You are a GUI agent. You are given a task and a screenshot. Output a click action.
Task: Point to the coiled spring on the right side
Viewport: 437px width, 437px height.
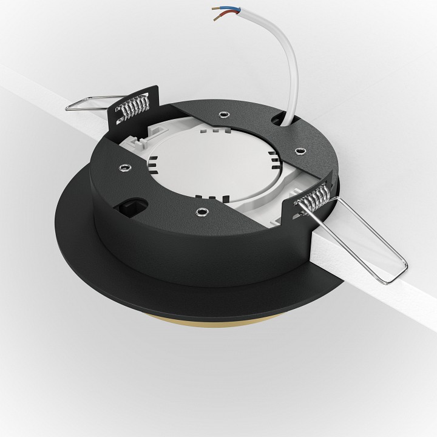coord(313,197)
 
